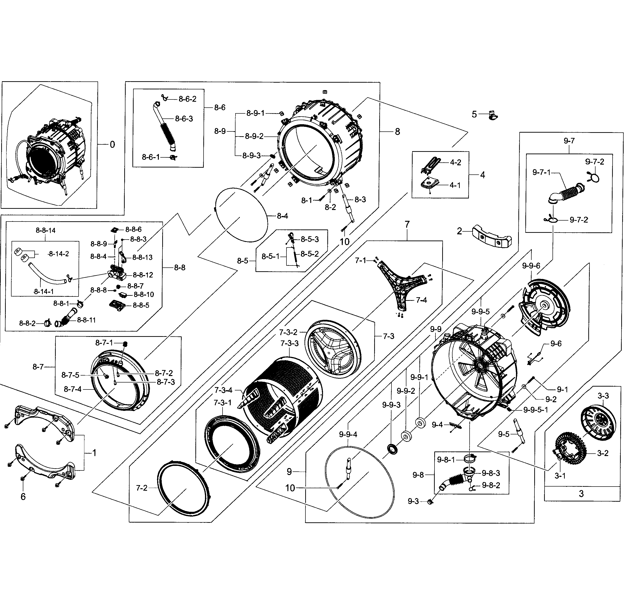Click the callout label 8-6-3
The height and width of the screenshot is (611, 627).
(x=184, y=119)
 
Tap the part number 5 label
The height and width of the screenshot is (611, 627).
(x=474, y=114)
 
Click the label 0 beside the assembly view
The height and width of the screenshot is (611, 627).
(x=112, y=145)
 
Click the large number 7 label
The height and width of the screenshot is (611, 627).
(x=407, y=225)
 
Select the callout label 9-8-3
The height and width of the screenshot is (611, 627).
(x=491, y=473)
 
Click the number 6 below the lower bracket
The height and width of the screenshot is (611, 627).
(x=23, y=497)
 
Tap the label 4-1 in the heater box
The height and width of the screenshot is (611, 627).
(x=455, y=185)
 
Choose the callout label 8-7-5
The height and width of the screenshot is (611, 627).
(x=70, y=375)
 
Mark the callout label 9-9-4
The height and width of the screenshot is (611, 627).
(x=348, y=434)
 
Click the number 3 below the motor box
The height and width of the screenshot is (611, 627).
(x=581, y=494)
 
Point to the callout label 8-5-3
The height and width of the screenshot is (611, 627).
(x=310, y=239)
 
